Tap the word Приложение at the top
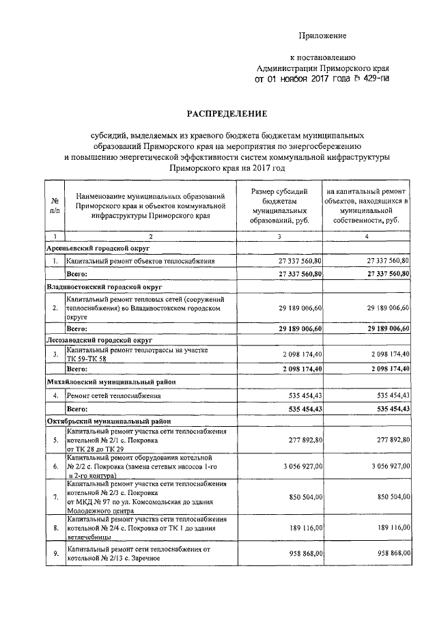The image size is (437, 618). pos(324,35)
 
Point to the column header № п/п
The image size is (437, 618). pos(54,206)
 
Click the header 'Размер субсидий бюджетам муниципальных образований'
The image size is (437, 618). pos(280,206)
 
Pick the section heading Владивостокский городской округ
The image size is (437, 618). pos(102,287)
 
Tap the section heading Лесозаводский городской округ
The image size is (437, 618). pos(100,339)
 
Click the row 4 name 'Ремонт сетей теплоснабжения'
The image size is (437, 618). pos(113,395)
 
